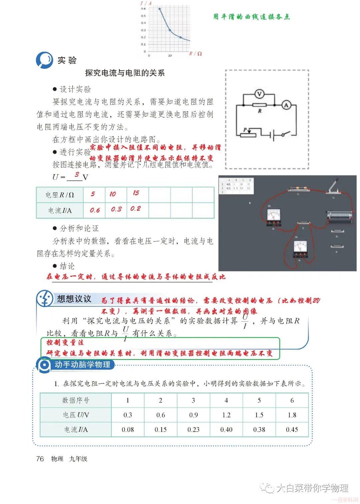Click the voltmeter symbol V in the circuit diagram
point(259,94)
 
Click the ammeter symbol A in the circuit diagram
point(286,105)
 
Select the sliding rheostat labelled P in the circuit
point(248,134)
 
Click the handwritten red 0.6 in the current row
point(95,210)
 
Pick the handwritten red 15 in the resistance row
point(136,193)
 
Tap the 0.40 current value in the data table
point(226,430)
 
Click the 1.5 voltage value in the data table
point(259,415)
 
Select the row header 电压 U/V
point(76,415)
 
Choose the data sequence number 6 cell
point(292,400)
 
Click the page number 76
point(40,459)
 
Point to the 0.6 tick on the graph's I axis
point(143,9)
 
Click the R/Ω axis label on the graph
point(195,54)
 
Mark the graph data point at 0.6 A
point(160,9)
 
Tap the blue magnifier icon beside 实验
point(44,60)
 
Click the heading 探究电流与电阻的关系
point(125,73)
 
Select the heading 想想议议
point(74,299)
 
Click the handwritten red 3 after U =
point(77,175)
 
